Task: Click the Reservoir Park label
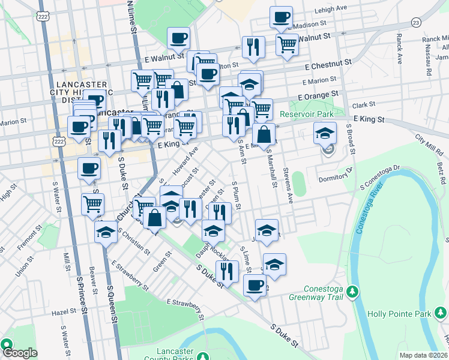click(307, 113)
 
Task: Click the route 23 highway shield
click(415, 22)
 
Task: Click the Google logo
click(19, 353)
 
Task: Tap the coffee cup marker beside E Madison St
click(280, 18)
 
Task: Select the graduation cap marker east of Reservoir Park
click(325, 133)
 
